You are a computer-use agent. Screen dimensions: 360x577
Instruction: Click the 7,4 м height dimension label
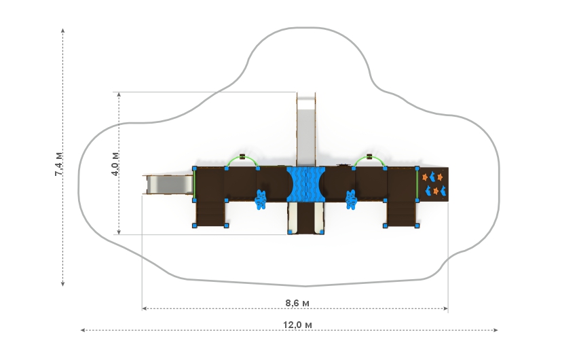pyautogui.click(x=59, y=164)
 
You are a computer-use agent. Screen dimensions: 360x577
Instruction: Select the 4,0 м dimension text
pyautogui.click(x=116, y=164)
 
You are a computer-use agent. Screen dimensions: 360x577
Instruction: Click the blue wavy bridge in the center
pyautogui.click(x=306, y=184)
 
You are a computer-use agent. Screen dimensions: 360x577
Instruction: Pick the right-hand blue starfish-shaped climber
pyautogui.click(x=352, y=199)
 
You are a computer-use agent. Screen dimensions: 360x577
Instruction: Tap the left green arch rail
pyautogui.click(x=242, y=160)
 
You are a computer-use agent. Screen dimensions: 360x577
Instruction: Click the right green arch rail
pyautogui.click(x=369, y=160)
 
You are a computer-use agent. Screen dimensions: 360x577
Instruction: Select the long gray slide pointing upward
pyautogui.click(x=307, y=129)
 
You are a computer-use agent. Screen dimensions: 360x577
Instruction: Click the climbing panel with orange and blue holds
pyautogui.click(x=433, y=184)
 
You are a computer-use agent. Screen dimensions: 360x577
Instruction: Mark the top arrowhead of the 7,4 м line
pyautogui.click(x=63, y=31)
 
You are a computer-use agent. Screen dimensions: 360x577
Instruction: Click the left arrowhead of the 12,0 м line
pyautogui.click(x=83, y=330)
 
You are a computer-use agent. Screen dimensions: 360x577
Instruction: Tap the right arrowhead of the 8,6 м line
pyautogui.click(x=446, y=309)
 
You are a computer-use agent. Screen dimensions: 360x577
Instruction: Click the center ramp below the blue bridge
pyautogui.click(x=306, y=217)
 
